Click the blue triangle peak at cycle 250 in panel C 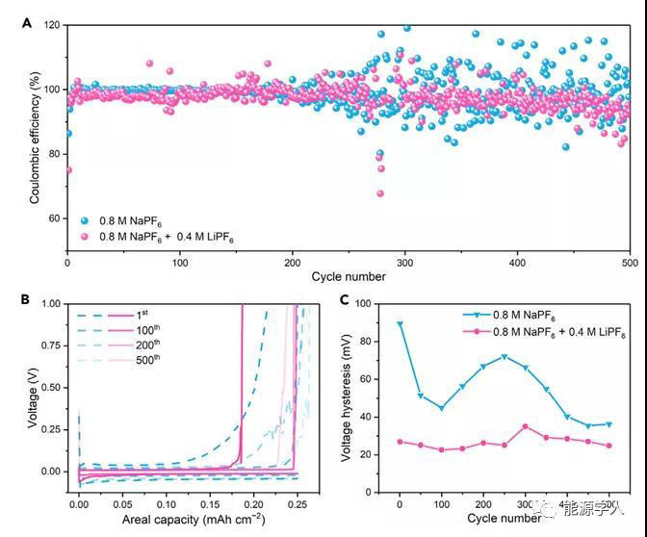pyautogui.click(x=505, y=357)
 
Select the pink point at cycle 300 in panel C pyautogui.click(x=525, y=426)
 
